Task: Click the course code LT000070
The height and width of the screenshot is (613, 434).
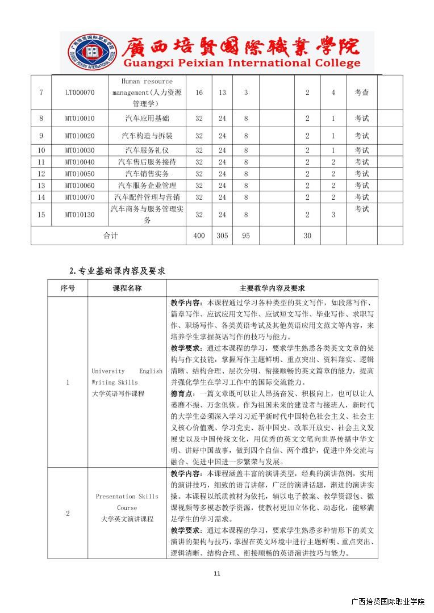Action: (x=80, y=93)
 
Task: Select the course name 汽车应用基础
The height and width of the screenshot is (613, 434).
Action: (x=147, y=119)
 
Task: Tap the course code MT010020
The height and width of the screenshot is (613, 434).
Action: (x=80, y=136)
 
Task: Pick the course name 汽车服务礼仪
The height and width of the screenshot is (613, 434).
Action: (x=147, y=150)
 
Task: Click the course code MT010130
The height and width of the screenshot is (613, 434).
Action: (x=80, y=215)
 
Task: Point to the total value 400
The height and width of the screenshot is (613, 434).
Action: (x=199, y=236)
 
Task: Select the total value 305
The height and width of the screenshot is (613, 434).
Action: (x=222, y=236)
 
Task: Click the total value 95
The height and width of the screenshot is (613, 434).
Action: (x=245, y=236)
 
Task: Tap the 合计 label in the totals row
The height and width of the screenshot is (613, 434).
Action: (x=110, y=236)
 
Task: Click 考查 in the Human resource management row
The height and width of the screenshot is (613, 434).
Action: (x=362, y=93)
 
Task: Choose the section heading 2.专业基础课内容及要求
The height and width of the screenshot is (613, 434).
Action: (x=117, y=271)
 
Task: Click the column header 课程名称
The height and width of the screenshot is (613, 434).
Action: (x=127, y=288)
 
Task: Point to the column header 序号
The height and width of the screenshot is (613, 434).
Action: (x=68, y=288)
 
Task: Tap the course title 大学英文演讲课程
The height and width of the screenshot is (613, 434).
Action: (x=127, y=519)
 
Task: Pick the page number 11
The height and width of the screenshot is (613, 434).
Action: (x=216, y=573)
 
